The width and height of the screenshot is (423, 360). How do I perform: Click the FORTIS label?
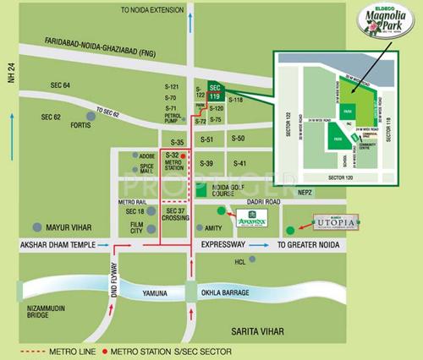coord(81,126)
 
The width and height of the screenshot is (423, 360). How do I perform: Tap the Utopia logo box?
coord(337,222)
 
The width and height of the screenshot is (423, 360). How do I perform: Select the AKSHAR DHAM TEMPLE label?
coord(45,245)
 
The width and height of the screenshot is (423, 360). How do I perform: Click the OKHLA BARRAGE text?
coord(224,292)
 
